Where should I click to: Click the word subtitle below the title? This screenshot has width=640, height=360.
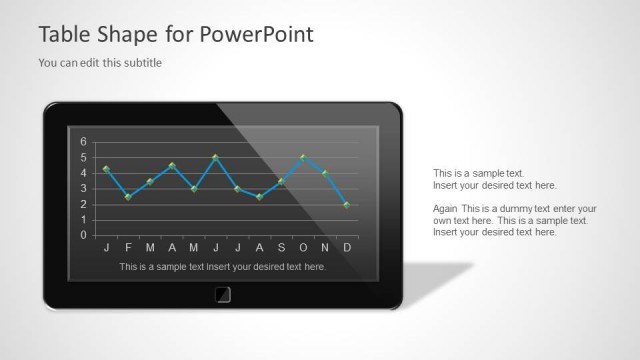(140, 63)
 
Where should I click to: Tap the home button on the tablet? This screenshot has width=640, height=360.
(222, 294)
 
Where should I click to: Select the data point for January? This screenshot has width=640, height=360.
(106, 169)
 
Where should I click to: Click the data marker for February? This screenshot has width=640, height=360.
(128, 197)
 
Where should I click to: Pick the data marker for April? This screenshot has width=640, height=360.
(172, 165)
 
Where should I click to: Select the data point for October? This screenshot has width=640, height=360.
(303, 157)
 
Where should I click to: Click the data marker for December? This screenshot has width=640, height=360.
(347, 204)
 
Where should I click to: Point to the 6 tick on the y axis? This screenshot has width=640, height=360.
(84, 141)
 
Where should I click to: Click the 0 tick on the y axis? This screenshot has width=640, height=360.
(84, 236)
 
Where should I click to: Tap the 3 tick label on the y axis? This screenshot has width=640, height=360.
(84, 189)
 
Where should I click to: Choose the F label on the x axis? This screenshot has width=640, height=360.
(128, 247)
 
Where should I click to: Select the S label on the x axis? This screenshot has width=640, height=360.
(281, 247)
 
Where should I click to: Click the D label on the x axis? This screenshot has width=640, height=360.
(347, 247)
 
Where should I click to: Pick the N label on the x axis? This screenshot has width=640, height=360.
(325, 247)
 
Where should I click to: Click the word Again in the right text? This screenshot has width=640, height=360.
(445, 208)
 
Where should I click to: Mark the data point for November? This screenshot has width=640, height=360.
(325, 173)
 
